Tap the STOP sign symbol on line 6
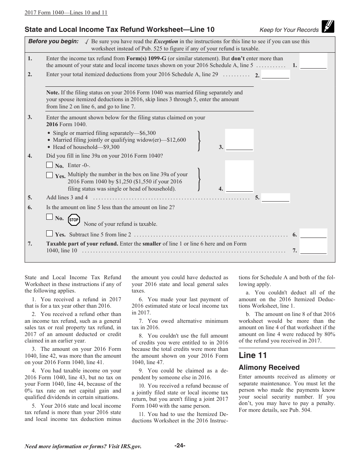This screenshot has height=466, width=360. point(74,220)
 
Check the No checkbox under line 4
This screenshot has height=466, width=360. point(49,165)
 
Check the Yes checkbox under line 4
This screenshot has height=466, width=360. point(49,175)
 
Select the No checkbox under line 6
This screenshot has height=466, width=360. point(49,217)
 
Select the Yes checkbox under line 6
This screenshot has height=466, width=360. point(49,233)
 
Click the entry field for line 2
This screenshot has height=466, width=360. point(275,75)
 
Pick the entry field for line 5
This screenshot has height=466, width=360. point(275,197)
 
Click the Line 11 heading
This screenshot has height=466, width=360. point(253,355)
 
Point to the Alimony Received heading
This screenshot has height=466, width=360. point(269,367)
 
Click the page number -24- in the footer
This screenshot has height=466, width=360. point(180,446)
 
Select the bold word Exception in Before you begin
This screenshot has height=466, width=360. point(166,42)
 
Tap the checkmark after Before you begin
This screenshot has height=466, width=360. point(87,42)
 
